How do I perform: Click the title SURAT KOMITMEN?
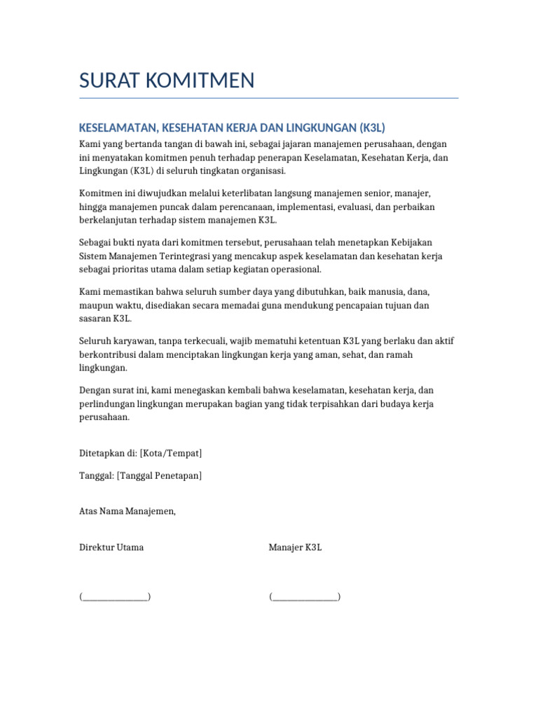(167, 81)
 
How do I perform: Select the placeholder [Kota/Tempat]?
(172, 453)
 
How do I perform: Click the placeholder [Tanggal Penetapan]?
(160, 475)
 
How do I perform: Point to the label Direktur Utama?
(111, 547)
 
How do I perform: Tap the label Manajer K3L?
(295, 547)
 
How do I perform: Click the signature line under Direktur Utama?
(116, 597)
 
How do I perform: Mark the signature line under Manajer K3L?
(305, 597)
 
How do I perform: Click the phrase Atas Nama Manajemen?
(127, 511)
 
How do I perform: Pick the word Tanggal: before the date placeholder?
(97, 475)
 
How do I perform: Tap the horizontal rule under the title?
(269, 98)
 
